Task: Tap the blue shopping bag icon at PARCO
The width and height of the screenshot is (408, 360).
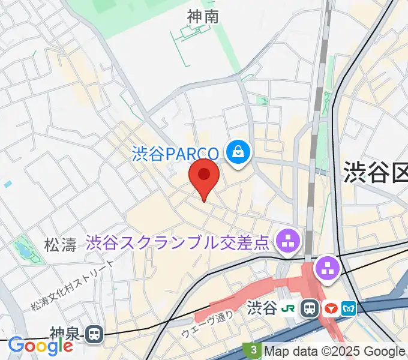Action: pyautogui.click(x=238, y=151)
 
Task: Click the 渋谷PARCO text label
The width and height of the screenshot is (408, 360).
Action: pyautogui.click(x=176, y=154)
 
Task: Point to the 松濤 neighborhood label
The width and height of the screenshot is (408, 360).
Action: pyautogui.click(x=61, y=244)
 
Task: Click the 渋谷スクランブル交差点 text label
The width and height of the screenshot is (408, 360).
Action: pyautogui.click(x=178, y=242)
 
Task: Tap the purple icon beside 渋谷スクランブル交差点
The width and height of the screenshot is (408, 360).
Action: pyautogui.click(x=286, y=242)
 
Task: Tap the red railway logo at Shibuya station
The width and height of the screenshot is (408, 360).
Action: pyautogui.click(x=330, y=308)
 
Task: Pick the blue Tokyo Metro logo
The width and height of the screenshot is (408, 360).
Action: pyautogui.click(x=349, y=308)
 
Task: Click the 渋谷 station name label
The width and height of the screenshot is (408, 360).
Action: pyautogui.click(x=262, y=308)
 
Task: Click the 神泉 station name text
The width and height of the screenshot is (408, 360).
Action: pyautogui.click(x=65, y=333)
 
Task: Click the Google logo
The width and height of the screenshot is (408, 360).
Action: pyautogui.click(x=40, y=346)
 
